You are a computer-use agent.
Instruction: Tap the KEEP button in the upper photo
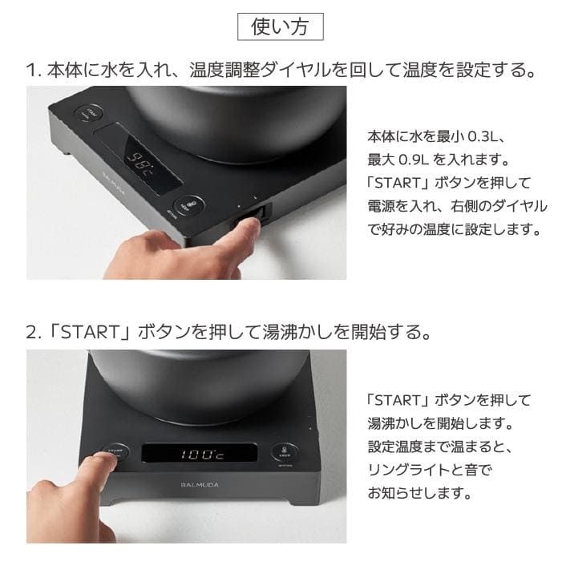click(192, 205)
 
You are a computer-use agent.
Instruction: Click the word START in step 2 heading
click(83, 332)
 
